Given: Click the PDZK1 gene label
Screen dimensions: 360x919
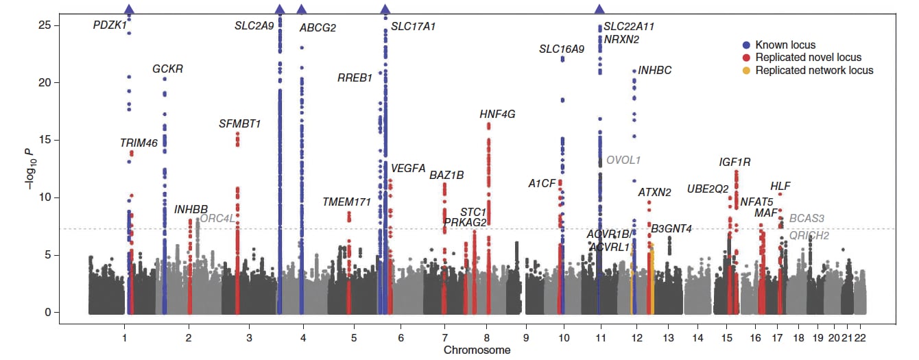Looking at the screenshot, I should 110,25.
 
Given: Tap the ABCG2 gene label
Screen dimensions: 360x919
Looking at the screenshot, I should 318,28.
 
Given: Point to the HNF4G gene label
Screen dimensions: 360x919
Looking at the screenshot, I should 497,115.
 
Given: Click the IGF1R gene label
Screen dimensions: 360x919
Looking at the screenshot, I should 735,163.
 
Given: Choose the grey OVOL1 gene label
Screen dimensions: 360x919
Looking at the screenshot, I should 623,160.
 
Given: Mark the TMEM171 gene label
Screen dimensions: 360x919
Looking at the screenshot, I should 346,202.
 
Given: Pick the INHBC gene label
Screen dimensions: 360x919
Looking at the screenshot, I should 655,71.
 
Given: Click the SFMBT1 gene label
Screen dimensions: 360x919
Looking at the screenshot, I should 240,124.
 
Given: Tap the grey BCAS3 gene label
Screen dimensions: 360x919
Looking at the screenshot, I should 807,219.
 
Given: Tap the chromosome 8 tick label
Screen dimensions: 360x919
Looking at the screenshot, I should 487,337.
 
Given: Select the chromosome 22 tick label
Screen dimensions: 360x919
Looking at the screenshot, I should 860,337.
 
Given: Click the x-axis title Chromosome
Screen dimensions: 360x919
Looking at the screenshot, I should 477,350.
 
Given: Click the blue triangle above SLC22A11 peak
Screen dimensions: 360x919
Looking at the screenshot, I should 600,9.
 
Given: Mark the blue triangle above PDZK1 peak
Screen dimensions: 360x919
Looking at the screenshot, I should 129,9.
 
